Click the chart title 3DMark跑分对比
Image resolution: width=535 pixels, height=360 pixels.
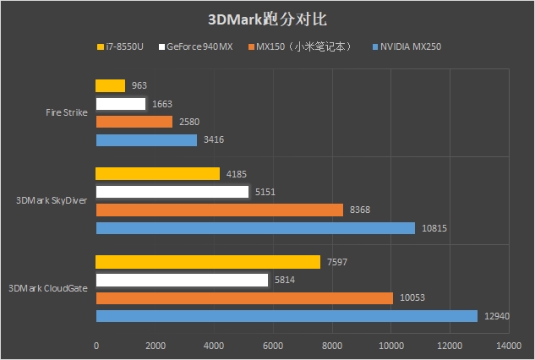point(267,19)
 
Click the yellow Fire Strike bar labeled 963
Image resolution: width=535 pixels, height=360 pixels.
point(111,85)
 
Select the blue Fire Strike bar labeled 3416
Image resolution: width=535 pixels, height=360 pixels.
point(146,140)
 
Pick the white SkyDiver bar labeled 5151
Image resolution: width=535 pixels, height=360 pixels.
point(172,192)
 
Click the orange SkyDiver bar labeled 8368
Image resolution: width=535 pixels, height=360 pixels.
point(220,210)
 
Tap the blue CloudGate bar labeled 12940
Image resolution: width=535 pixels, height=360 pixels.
point(287,316)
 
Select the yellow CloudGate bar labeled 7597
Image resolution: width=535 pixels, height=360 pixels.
point(208,262)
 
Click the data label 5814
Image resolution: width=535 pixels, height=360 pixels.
point(286,280)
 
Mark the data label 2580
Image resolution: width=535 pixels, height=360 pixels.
point(188,123)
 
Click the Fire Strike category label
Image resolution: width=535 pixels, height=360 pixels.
point(67,112)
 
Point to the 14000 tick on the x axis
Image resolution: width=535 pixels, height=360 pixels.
point(508,346)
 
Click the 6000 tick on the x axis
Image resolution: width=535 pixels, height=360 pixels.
point(273,346)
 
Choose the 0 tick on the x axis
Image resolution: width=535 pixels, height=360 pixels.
point(96,346)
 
